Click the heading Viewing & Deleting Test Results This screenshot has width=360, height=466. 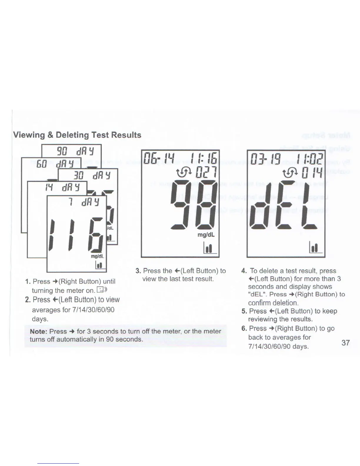coord(77,135)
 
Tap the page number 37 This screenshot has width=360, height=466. coord(346,343)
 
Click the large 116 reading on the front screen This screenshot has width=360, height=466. coord(76,234)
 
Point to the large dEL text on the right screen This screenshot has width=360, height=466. coord(283,205)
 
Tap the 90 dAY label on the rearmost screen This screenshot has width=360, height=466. coord(75,151)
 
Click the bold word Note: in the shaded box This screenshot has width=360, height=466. coord(39,332)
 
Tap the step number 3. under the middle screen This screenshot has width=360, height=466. coord(138,271)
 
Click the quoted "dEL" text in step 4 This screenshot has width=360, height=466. coord(258,294)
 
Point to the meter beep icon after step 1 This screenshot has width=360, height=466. coord(102,290)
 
